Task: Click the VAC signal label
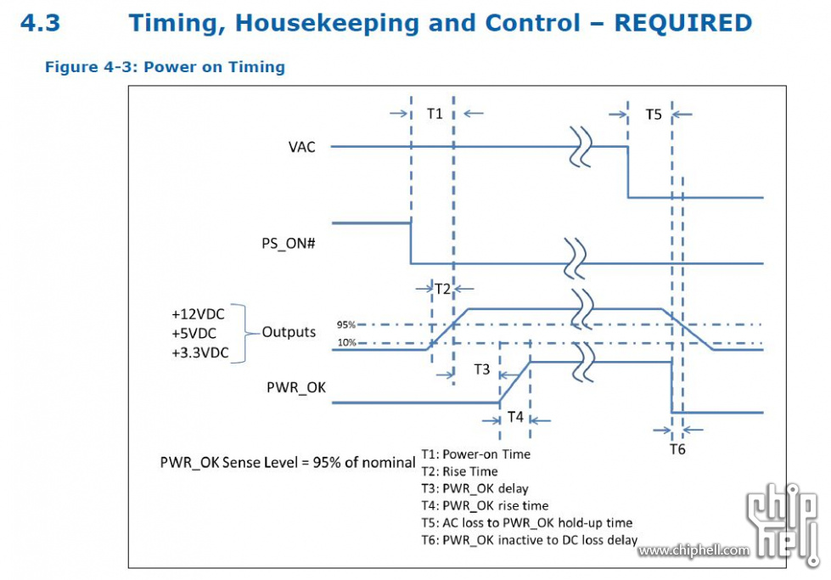(x=301, y=147)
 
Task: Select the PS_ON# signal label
(x=289, y=244)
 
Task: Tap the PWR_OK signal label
(x=295, y=387)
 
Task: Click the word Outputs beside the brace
(x=289, y=332)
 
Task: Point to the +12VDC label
(x=198, y=314)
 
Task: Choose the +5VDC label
(x=194, y=334)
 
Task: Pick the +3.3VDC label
(x=199, y=352)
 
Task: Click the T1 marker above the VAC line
(x=435, y=114)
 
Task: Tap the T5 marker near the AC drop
(x=654, y=115)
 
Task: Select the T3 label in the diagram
(x=482, y=369)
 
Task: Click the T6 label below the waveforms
(x=677, y=449)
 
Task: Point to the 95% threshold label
(x=346, y=324)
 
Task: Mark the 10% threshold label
(x=346, y=342)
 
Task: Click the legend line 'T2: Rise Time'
(x=459, y=471)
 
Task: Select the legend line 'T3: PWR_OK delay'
(x=474, y=488)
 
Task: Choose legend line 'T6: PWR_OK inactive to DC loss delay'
(x=530, y=540)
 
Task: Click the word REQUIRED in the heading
(x=683, y=23)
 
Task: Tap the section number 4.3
(x=40, y=23)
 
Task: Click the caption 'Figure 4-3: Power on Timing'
(x=165, y=67)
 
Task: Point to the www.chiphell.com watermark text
(x=693, y=550)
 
